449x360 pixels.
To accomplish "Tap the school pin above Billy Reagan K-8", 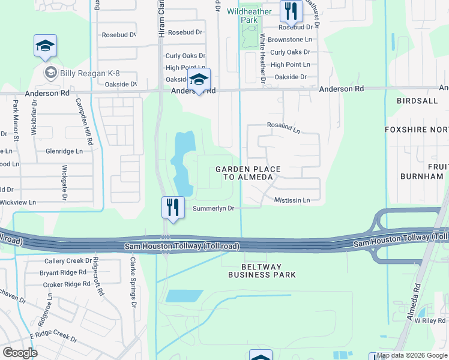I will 45,47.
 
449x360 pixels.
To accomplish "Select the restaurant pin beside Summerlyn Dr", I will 172,208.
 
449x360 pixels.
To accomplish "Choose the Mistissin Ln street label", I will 292,200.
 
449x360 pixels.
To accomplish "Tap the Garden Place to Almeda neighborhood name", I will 244,173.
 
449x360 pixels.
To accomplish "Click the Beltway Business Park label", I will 262,271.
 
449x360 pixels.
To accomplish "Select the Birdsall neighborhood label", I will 417,101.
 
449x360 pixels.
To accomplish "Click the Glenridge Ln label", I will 64,151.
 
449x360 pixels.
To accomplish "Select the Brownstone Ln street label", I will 290,39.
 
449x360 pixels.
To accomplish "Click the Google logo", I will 20,352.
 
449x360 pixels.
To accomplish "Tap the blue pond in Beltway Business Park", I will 184,295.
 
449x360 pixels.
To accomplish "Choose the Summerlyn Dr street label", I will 213,208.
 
